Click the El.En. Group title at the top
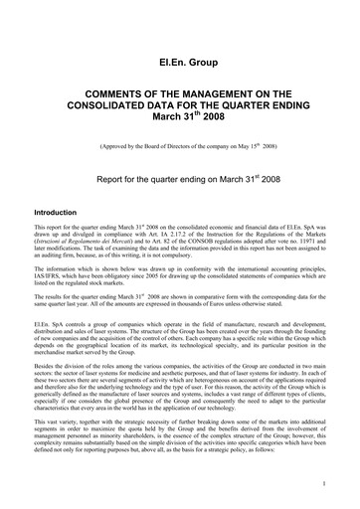(x=179, y=62)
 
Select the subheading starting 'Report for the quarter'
(x=179, y=181)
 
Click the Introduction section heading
(x=62, y=213)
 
